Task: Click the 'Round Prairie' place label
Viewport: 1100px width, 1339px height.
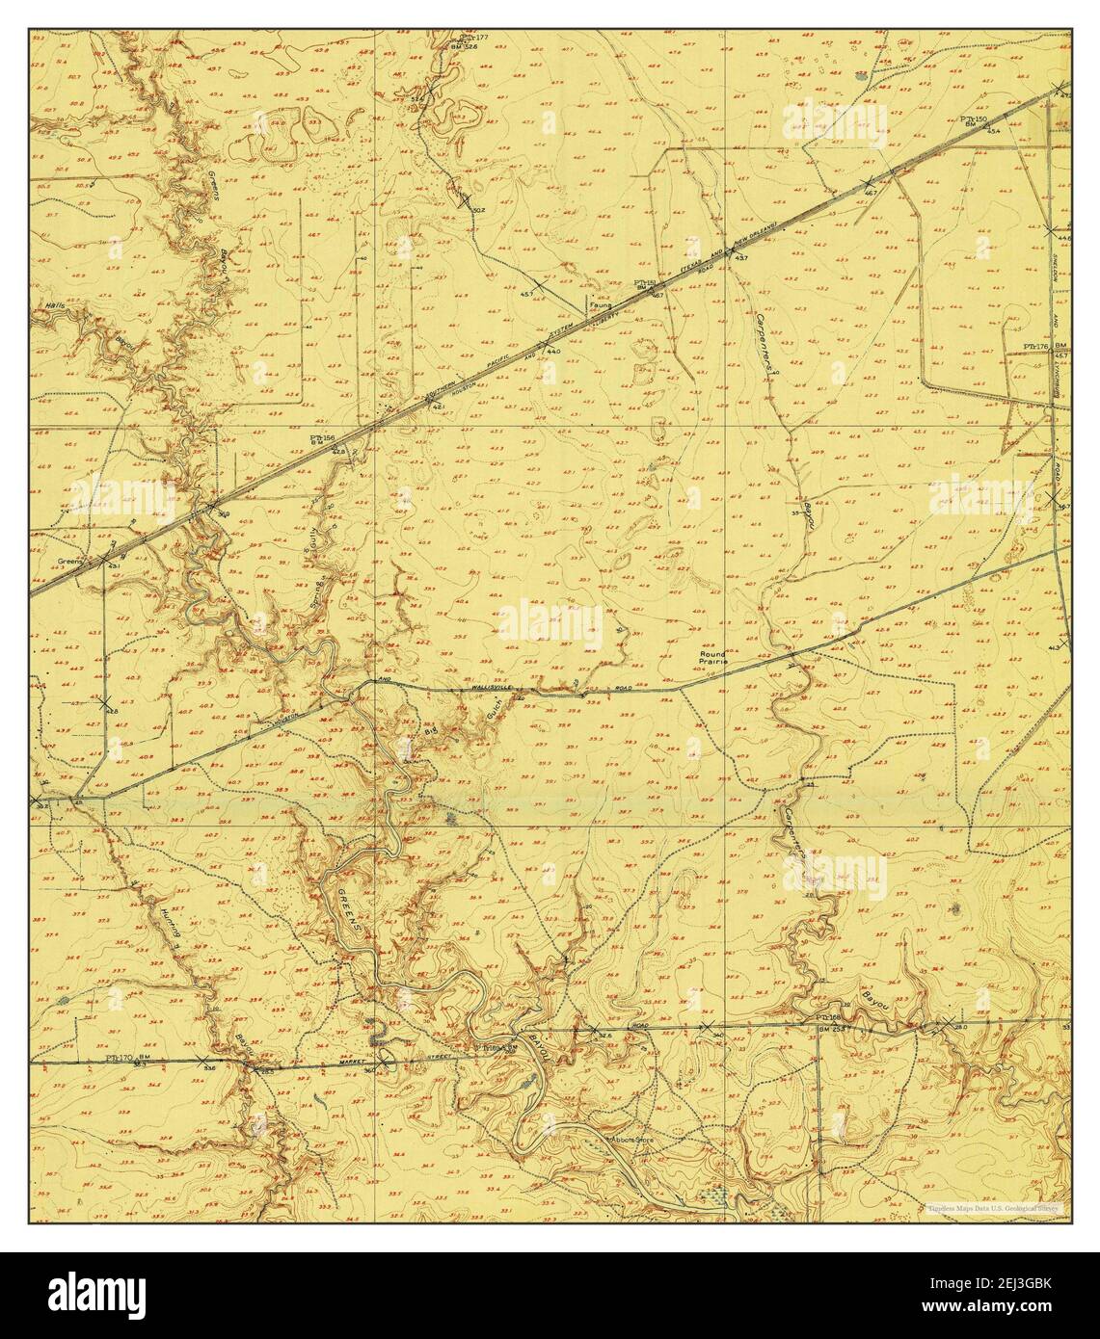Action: [713, 659]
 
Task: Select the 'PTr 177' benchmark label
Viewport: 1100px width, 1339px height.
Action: [474, 38]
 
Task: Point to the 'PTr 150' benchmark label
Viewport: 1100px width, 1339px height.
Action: [974, 119]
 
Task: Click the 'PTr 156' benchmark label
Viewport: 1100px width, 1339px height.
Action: [322, 438]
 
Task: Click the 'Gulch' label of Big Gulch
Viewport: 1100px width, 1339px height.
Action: [490, 711]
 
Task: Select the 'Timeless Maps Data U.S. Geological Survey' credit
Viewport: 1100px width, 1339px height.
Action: [992, 1207]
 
